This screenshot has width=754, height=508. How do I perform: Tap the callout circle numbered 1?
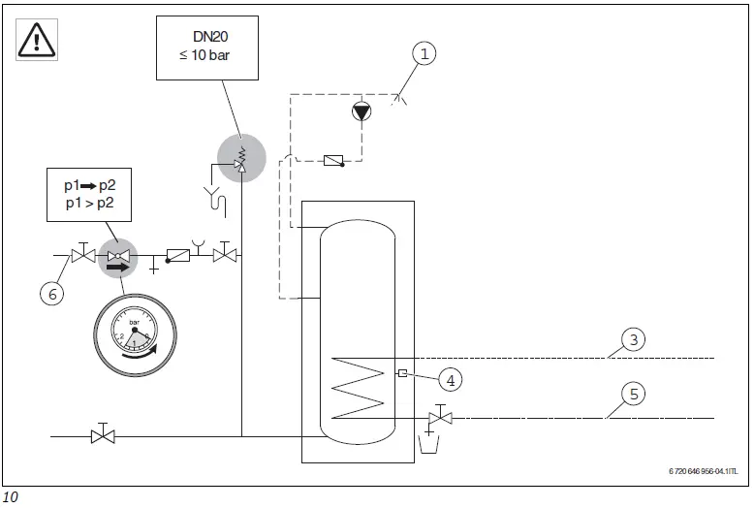(423, 54)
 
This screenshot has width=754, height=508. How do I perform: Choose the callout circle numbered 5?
(632, 395)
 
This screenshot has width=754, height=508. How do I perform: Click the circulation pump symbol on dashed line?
(361, 111)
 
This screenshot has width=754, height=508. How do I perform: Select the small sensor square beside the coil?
(401, 374)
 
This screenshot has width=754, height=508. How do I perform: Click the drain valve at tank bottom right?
(441, 418)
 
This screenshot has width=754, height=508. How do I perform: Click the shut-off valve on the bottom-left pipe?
(102, 436)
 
